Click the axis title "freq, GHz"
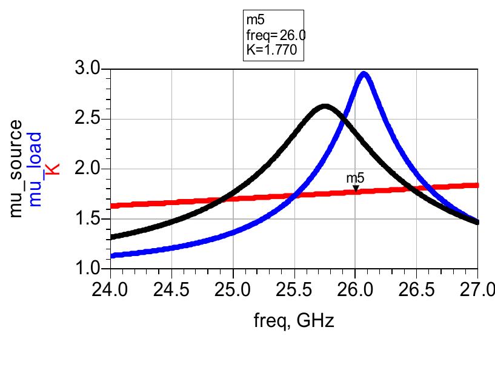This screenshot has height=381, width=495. (x=294, y=320)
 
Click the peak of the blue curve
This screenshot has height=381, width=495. (x=364, y=75)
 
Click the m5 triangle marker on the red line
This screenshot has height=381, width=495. (x=356, y=188)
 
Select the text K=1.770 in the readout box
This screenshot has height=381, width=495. (x=271, y=51)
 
